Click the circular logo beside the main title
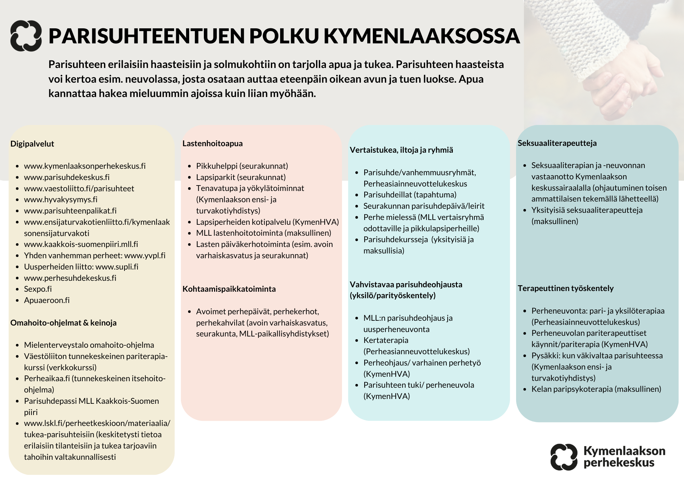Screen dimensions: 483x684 (x=26, y=36)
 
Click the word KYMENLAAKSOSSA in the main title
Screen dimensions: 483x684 (x=422, y=36)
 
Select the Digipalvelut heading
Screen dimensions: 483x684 (x=32, y=144)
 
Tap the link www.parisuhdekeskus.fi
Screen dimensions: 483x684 (x=67, y=177)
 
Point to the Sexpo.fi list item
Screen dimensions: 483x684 (x=38, y=289)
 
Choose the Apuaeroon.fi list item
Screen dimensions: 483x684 (x=47, y=300)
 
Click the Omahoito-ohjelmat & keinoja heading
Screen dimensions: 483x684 (x=63, y=323)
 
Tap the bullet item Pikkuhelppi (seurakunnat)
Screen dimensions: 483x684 (x=242, y=166)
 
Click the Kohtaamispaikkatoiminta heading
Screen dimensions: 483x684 (x=229, y=289)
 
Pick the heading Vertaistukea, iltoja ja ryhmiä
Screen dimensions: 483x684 (x=401, y=150)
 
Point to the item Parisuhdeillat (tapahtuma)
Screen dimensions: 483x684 (x=410, y=195)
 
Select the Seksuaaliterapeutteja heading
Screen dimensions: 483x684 (x=557, y=143)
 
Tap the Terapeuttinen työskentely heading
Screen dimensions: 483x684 (x=565, y=288)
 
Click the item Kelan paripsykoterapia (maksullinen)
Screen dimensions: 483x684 (x=596, y=389)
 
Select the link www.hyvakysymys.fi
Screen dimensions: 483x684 (x=61, y=199)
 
